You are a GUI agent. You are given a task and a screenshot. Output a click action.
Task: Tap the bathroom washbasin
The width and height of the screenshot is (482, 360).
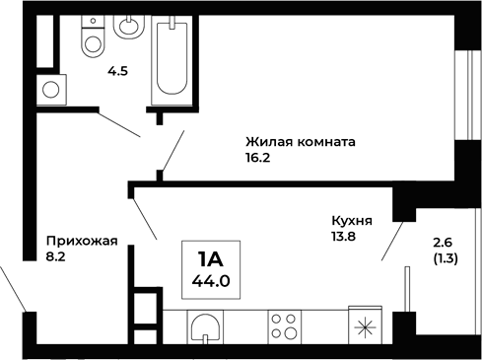[x=128, y=27]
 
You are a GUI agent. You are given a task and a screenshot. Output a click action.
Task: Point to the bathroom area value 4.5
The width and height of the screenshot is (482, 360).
[x=118, y=72]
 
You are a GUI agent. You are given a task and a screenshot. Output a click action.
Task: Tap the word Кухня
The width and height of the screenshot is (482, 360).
[x=352, y=222]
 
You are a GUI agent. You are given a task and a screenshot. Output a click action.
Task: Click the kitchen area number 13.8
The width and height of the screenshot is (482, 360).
[x=344, y=237]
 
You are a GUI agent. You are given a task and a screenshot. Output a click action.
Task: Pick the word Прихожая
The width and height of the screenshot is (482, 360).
[x=82, y=241]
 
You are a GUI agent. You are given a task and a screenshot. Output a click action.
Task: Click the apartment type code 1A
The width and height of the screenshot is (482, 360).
[x=210, y=260]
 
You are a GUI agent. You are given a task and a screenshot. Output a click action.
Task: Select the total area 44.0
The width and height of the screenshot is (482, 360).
[x=210, y=281]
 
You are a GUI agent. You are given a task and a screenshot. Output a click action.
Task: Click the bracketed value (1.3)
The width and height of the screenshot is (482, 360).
[x=444, y=259]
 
